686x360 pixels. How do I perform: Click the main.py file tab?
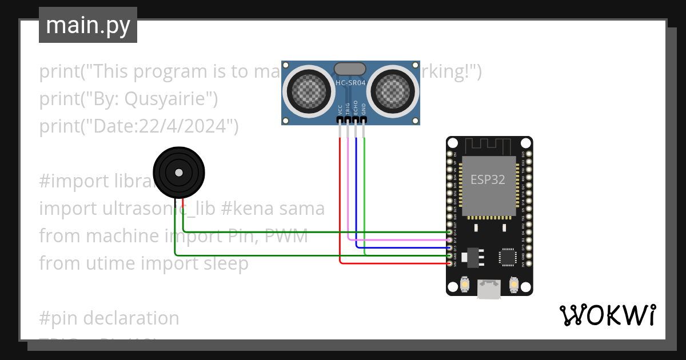click(x=87, y=25)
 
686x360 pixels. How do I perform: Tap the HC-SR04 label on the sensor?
click(x=350, y=83)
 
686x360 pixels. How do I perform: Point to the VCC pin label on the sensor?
click(x=340, y=110)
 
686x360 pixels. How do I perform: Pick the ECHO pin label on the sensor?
click(x=356, y=108)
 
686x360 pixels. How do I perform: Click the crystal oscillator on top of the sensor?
click(x=350, y=69)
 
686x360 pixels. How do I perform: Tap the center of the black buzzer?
click(x=179, y=173)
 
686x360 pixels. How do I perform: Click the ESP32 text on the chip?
click(x=488, y=179)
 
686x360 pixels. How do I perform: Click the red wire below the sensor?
click(x=340, y=194)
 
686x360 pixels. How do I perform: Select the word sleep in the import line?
click(x=225, y=263)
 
